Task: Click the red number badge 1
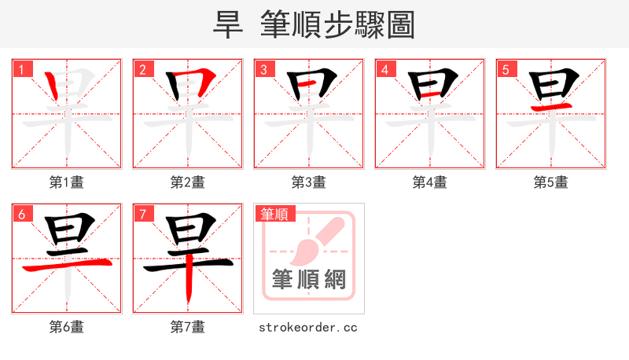[21, 69]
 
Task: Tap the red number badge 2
[142, 69]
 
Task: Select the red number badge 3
[263, 69]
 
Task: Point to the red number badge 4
[384, 69]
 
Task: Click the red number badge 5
[506, 69]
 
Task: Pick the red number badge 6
[21, 213]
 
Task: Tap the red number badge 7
[142, 213]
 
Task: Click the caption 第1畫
[67, 182]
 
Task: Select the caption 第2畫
[188, 182]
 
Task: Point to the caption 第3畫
[309, 182]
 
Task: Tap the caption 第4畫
[430, 182]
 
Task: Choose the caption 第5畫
[550, 182]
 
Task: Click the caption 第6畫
[67, 326]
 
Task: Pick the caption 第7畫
[188, 326]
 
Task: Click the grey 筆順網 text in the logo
[308, 279]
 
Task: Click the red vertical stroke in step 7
[189, 285]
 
